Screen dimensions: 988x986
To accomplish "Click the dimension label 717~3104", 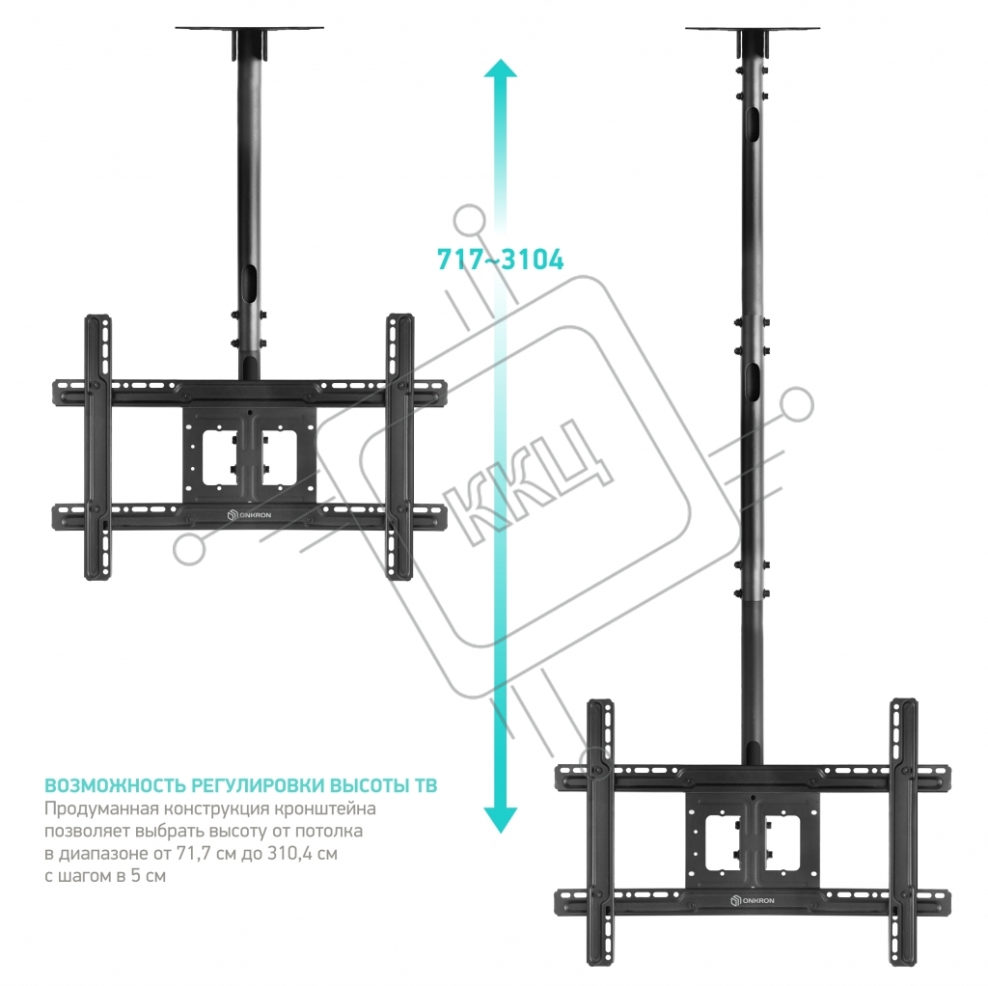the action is (x=501, y=260).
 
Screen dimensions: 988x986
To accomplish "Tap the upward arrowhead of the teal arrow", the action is (x=501, y=69).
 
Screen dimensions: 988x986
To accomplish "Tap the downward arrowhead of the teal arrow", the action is (x=501, y=820).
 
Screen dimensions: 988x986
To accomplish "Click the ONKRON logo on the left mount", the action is (x=249, y=515).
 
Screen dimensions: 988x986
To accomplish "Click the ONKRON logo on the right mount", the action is (x=753, y=900).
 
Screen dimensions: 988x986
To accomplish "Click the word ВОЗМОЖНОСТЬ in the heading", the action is (x=116, y=785).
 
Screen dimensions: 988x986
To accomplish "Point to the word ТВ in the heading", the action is (x=425, y=785).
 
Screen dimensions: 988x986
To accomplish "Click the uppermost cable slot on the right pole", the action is (x=753, y=123).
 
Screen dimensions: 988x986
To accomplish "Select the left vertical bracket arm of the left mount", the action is (x=97, y=447).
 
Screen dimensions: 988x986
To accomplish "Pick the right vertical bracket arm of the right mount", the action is (x=903, y=833).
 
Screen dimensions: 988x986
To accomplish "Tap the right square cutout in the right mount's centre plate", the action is (x=782, y=843).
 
